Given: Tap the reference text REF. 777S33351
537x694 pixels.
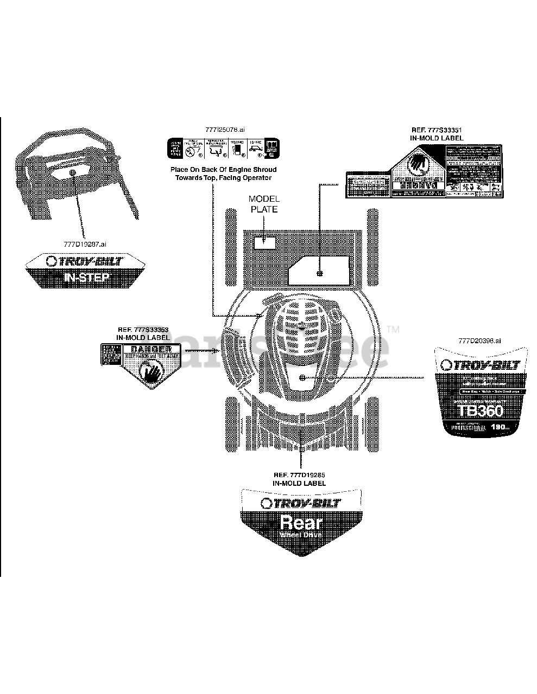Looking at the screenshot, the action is point(437,130).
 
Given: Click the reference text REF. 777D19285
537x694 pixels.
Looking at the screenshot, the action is point(299,475).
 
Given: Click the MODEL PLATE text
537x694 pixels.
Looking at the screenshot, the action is point(263,204).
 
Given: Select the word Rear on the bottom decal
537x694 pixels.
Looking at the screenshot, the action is point(301,523).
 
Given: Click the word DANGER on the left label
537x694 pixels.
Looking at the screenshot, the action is point(148,349).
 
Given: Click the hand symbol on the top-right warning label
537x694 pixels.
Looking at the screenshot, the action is point(416,162).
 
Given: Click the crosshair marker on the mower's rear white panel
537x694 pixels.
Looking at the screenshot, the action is point(320,273).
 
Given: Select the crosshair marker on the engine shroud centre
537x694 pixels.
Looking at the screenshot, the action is point(302,377).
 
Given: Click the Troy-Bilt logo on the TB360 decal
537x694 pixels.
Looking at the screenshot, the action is point(479,365).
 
